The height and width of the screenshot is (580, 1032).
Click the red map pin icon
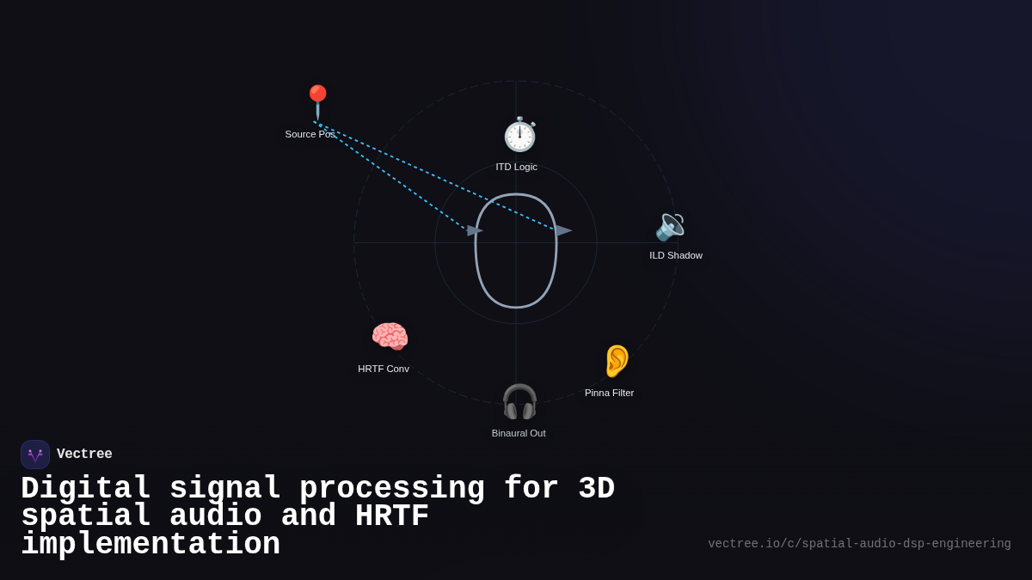pyautogui.click(x=317, y=101)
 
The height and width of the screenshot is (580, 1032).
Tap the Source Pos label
pyautogui.click(x=310, y=134)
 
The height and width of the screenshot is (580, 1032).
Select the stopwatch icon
pyautogui.click(x=519, y=135)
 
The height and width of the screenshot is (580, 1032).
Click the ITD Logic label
pyautogui.click(x=516, y=167)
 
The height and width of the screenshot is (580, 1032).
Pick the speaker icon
pyautogui.click(x=670, y=227)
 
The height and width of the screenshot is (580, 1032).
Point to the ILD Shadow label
pyautogui.click(x=676, y=255)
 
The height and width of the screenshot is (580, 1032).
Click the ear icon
pyautogui.click(x=617, y=361)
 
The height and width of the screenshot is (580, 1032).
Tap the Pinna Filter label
pyautogui.click(x=609, y=393)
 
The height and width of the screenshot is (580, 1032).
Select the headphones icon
pyautogui.click(x=519, y=401)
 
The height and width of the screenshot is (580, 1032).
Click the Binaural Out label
pyautogui.click(x=519, y=433)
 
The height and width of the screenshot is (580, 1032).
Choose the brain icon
pyautogui.click(x=390, y=337)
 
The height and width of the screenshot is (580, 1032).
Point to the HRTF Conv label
pyautogui.click(x=384, y=369)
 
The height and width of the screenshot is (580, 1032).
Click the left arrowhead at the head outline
pyautogui.click(x=474, y=230)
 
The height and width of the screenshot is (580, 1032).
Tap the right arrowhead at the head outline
pyautogui.click(x=563, y=230)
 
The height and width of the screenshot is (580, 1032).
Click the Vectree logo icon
pyautogui.click(x=35, y=455)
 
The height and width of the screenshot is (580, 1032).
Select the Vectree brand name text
pyautogui.click(x=84, y=455)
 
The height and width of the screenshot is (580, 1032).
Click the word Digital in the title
pyautogui.click(x=86, y=488)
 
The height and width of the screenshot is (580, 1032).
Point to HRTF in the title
pyautogui.click(x=391, y=516)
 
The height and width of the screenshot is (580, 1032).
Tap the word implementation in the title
pyautogui.click(x=150, y=545)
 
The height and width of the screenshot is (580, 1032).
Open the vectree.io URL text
pyautogui.click(x=859, y=544)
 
